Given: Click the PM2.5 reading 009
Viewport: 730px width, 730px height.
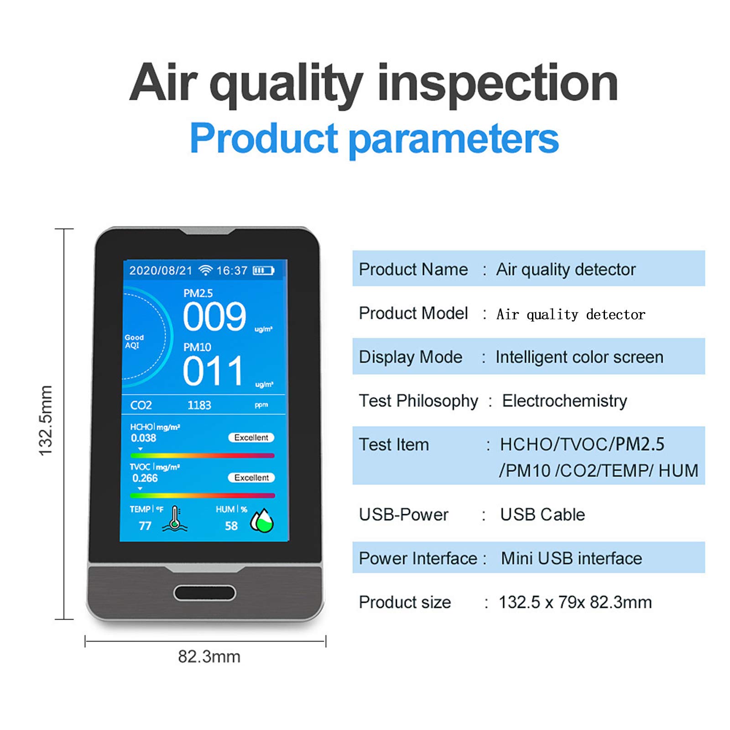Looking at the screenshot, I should [214, 317].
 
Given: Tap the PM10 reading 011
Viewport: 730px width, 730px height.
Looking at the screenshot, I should [213, 371].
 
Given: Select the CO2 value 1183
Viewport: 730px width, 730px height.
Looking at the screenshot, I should [199, 405].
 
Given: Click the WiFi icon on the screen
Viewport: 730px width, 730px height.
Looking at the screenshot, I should [206, 271].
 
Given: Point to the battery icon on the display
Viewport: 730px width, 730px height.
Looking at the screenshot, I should [263, 271].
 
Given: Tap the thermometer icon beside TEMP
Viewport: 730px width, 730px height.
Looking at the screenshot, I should [175, 519].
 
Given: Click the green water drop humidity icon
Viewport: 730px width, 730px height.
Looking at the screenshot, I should [262, 521].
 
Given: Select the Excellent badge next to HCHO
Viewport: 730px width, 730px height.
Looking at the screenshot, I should [251, 438].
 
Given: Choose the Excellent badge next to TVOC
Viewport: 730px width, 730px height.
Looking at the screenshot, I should [251, 478].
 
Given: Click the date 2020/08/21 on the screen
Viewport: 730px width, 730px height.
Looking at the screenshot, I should [161, 271].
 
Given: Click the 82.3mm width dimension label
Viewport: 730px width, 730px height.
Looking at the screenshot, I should [209, 657].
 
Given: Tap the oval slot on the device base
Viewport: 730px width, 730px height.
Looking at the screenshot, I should [205, 593].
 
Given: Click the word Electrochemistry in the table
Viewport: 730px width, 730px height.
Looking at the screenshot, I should [564, 401].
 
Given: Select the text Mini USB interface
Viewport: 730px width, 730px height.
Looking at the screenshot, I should [571, 558].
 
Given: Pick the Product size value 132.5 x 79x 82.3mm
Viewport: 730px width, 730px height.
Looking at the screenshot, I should [575, 602].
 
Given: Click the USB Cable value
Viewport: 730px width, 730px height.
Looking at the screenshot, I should [542, 515].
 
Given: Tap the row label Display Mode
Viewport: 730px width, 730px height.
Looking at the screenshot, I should [411, 357].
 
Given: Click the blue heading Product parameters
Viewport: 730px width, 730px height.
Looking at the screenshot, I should [374, 138].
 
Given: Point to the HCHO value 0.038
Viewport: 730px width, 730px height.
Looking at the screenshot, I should [144, 438].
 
